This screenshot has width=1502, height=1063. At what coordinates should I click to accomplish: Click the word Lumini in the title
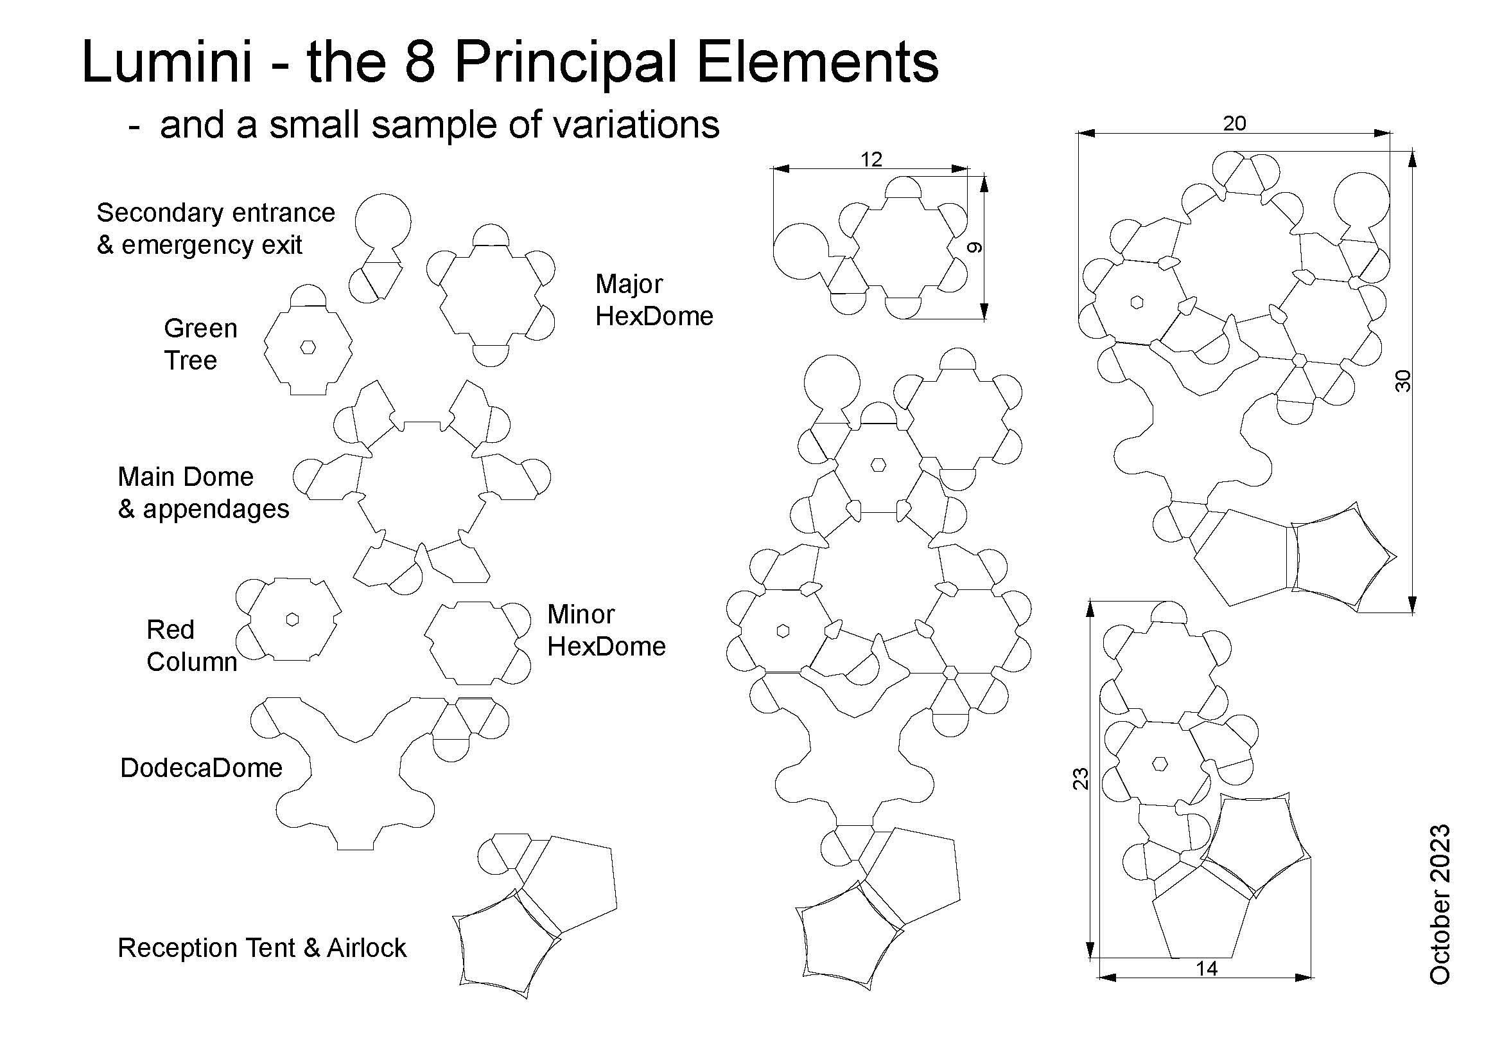click(x=167, y=62)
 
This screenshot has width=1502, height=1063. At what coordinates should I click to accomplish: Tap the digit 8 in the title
click(x=420, y=62)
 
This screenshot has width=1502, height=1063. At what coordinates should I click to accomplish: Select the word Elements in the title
click(x=817, y=62)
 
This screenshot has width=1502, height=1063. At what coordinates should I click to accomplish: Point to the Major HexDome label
click(x=654, y=299)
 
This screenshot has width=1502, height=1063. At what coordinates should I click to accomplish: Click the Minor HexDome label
click(x=606, y=630)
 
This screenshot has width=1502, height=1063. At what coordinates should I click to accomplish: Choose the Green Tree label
click(x=200, y=344)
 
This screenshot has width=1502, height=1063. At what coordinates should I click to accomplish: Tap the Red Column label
click(x=191, y=645)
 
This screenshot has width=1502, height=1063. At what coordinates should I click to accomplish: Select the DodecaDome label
click(x=202, y=768)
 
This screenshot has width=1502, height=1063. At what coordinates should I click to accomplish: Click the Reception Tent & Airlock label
click(x=261, y=948)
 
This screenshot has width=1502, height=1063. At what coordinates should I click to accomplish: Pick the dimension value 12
click(x=871, y=159)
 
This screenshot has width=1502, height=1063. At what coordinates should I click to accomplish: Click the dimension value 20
click(x=1234, y=123)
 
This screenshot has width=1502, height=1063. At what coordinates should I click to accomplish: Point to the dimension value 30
click(x=1404, y=381)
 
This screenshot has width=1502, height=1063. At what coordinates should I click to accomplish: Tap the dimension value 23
click(x=1081, y=778)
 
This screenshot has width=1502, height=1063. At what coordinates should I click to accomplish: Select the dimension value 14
click(x=1207, y=968)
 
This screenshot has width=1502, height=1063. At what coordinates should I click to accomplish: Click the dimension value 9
click(x=975, y=247)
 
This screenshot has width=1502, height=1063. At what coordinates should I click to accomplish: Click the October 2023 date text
click(x=1440, y=904)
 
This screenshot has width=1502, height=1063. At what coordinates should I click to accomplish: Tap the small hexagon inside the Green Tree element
click(x=308, y=348)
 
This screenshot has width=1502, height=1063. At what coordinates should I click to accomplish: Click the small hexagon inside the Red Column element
click(x=292, y=619)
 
